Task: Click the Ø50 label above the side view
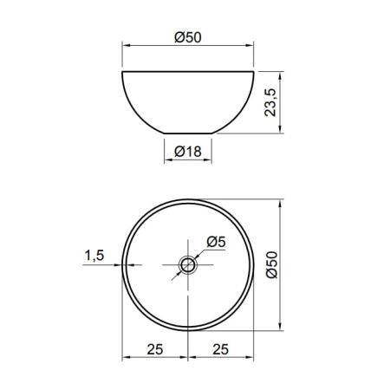tap(188, 37)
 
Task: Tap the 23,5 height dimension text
tap(270, 102)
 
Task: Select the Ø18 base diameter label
tap(188, 152)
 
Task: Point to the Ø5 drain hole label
tap(216, 242)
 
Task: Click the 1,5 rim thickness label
tap(94, 256)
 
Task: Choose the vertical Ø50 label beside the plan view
tap(271, 264)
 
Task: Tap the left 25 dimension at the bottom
tap(155, 349)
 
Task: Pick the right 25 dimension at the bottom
tap(221, 349)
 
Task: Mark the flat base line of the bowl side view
tap(188, 133)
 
